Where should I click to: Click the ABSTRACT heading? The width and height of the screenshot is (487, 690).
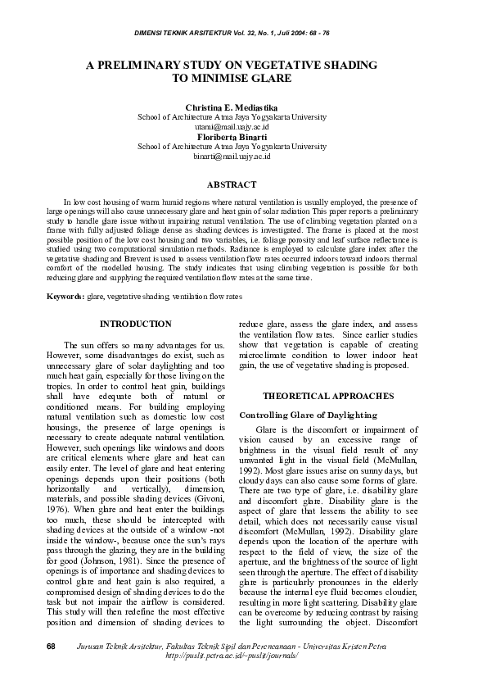[x=232, y=185]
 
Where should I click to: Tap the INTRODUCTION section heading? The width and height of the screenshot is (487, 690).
[x=135, y=324]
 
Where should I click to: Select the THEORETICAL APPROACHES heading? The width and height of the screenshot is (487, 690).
[x=327, y=396]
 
